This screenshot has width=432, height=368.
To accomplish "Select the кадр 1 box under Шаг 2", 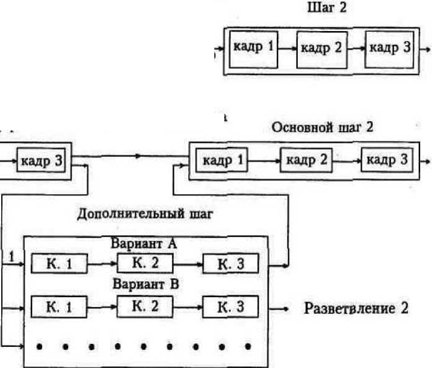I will coord(253,47).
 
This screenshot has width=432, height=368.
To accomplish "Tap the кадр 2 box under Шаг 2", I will coord(320,48).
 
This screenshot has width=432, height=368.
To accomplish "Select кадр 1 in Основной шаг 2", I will coord(222,160).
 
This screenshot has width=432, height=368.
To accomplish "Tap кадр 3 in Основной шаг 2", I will coord(386,160).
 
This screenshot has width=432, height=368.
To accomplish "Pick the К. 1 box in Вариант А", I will coord(58,264).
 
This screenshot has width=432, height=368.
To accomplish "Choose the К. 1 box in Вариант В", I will coord(58,306).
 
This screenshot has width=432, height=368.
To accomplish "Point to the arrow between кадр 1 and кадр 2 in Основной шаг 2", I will coord(263,161).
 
